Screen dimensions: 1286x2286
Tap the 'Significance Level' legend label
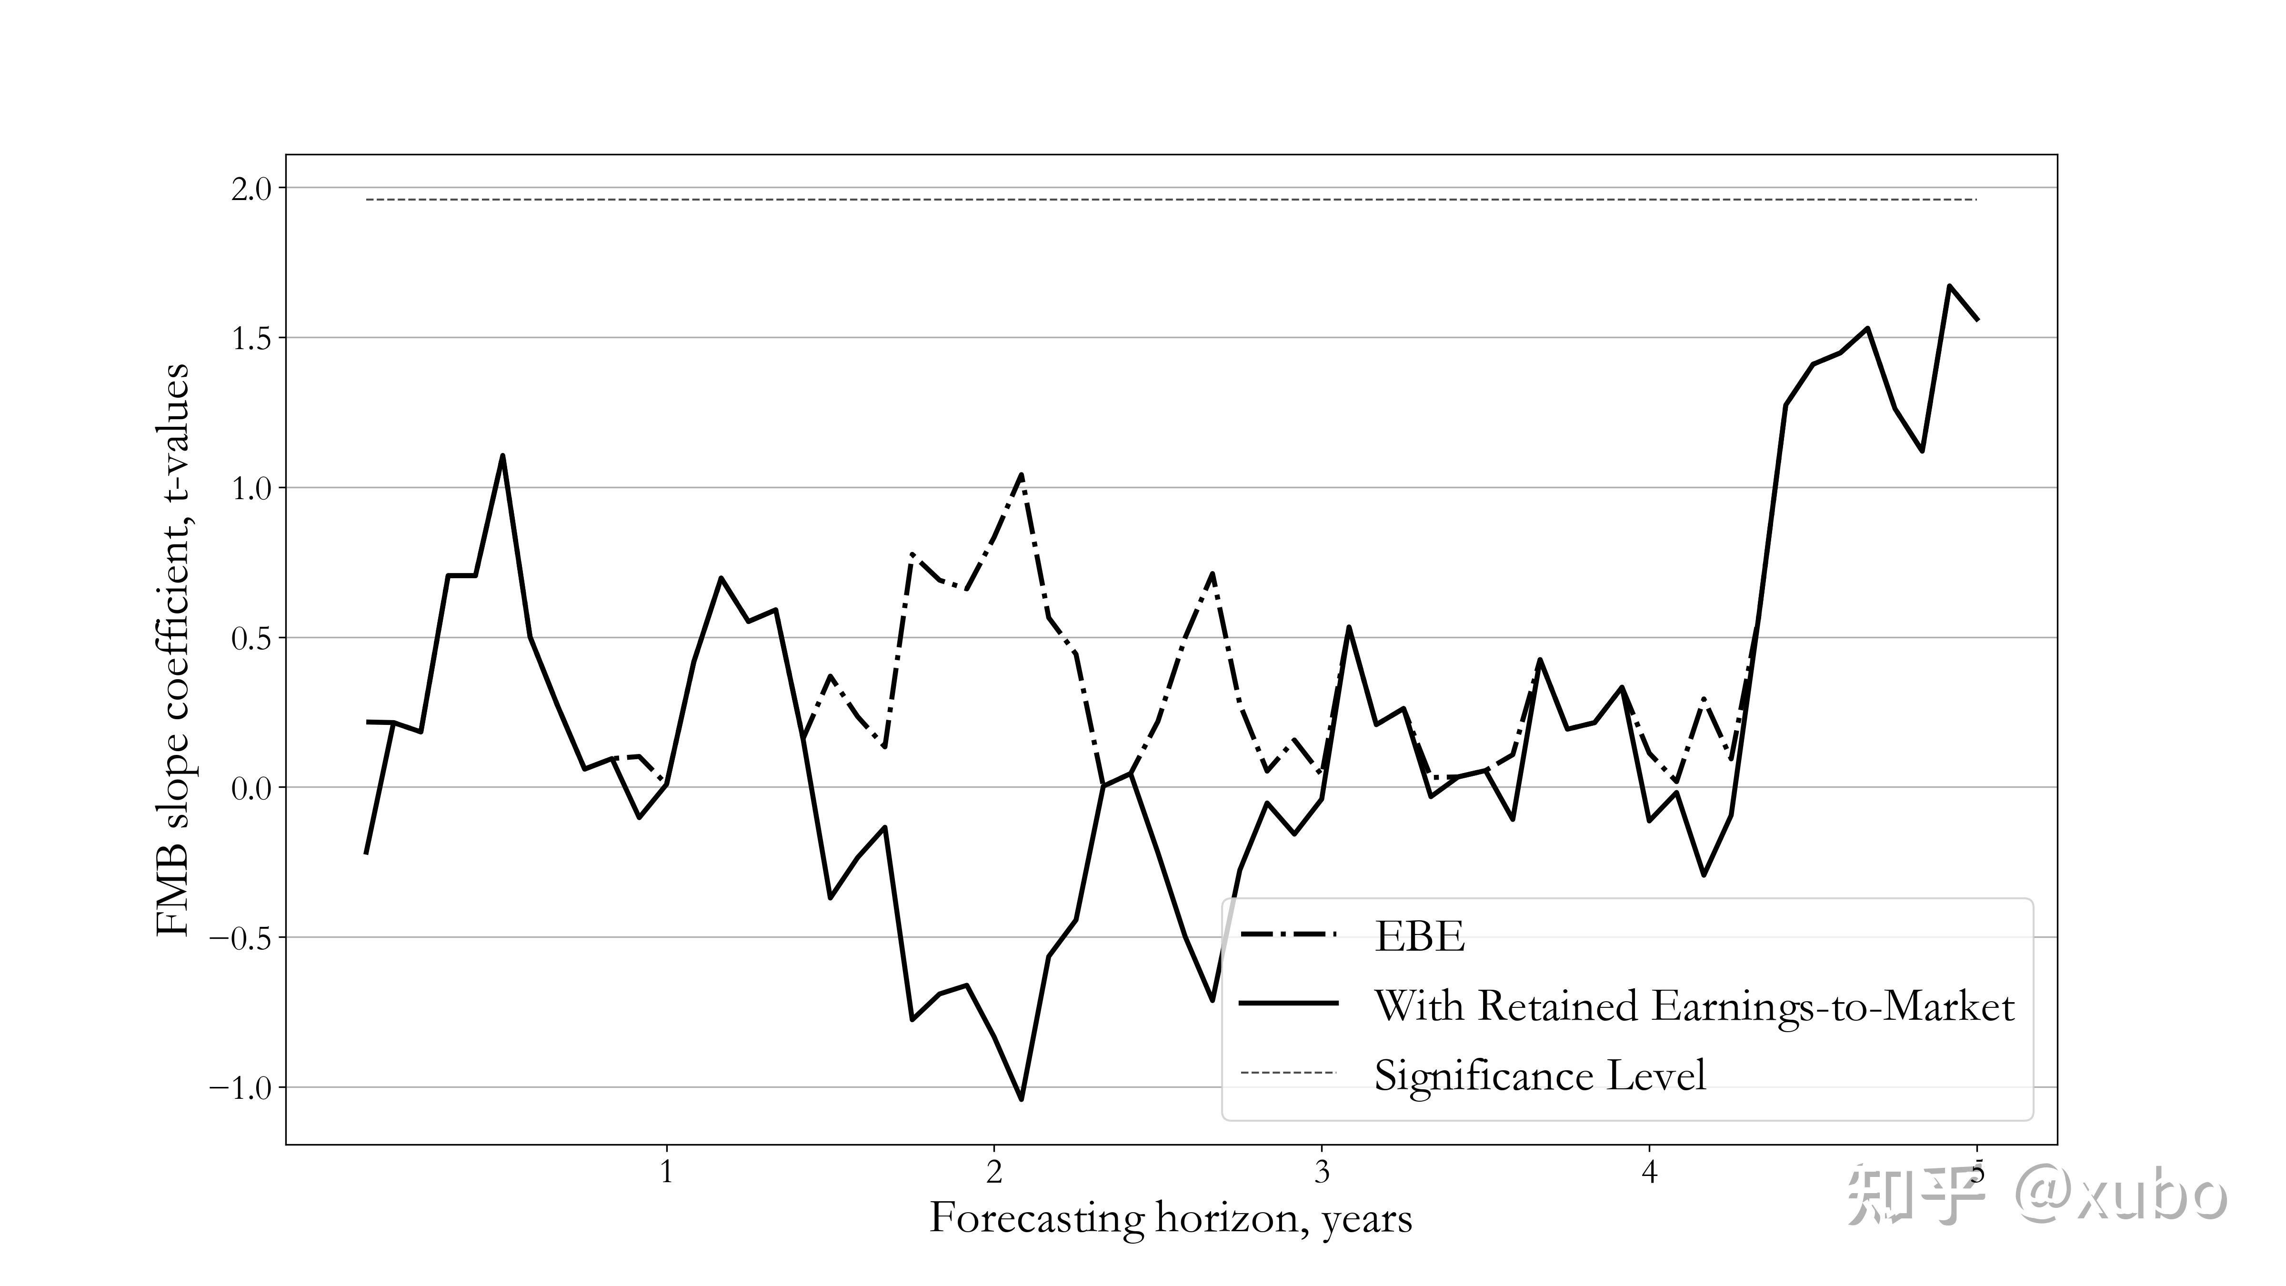pyautogui.click(x=1540, y=1075)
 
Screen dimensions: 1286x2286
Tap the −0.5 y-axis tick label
pyautogui.click(x=241, y=939)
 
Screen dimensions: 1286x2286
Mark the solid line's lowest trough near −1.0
pyautogui.click(x=1022, y=1099)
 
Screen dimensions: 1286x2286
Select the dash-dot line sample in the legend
pyautogui.click(x=1289, y=934)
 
